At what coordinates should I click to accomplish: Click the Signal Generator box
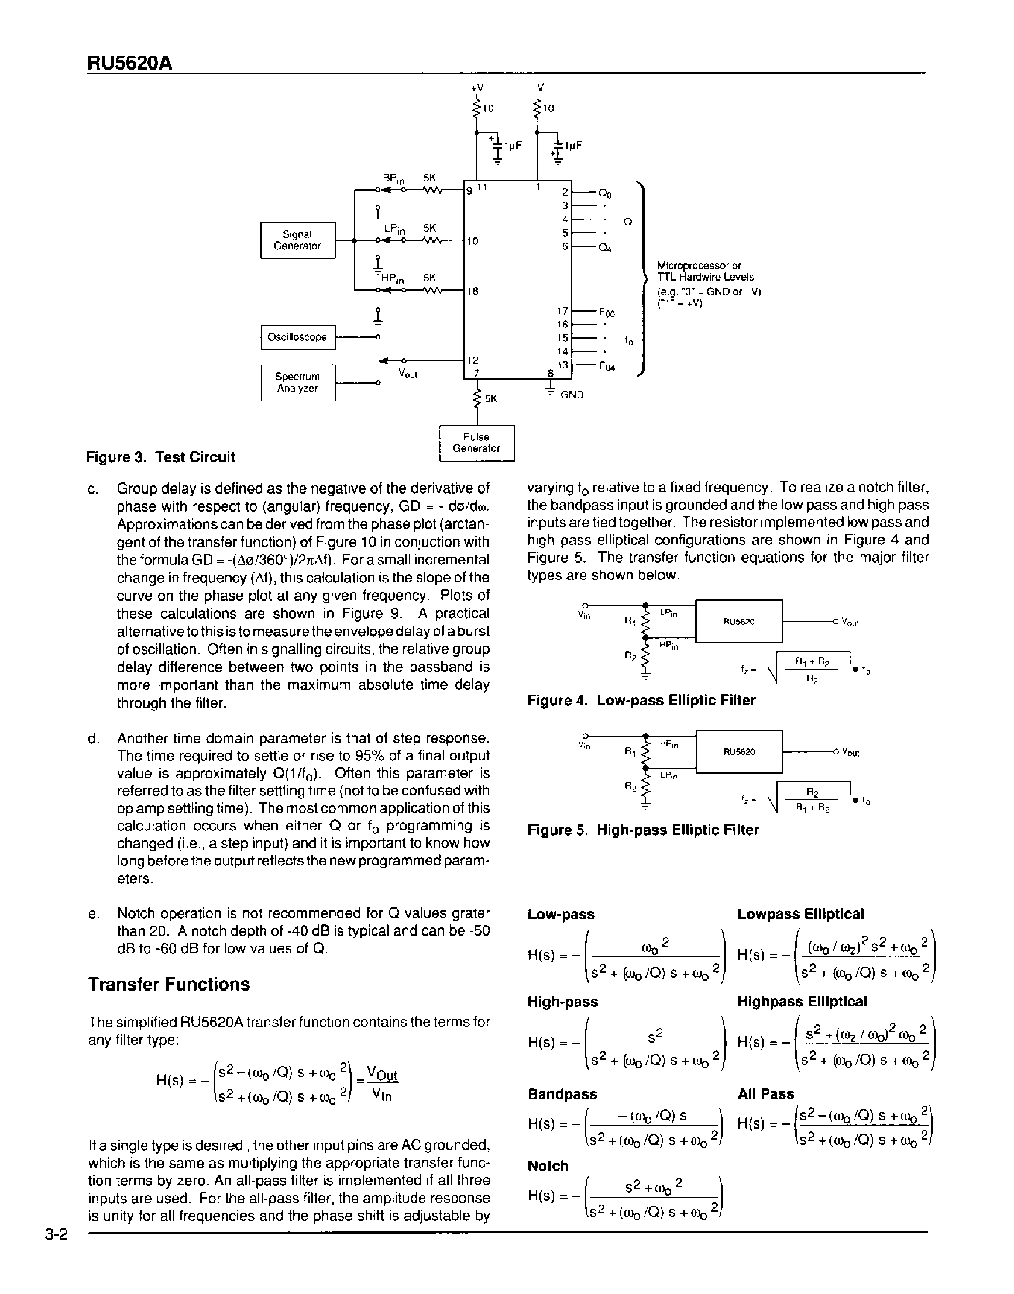[x=297, y=240]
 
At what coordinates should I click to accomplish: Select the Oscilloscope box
[x=297, y=337]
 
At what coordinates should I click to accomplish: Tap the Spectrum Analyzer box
[x=297, y=382]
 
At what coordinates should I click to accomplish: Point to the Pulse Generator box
[x=476, y=443]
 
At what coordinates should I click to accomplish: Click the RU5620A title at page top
[x=129, y=63]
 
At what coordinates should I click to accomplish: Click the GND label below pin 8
[x=572, y=395]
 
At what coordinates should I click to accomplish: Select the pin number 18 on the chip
[x=473, y=291]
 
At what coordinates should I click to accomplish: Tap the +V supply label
[x=477, y=87]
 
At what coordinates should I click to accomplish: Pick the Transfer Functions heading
[x=169, y=984]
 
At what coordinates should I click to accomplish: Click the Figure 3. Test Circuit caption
[x=160, y=457]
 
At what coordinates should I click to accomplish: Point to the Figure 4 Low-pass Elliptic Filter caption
[x=641, y=700]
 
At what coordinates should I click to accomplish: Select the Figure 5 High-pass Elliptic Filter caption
[x=643, y=830]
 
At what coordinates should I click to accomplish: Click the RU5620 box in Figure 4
[x=738, y=621]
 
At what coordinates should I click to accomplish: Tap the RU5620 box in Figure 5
[x=738, y=752]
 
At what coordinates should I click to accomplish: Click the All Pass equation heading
[x=765, y=1093]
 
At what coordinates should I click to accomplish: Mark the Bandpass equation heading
[x=562, y=1093]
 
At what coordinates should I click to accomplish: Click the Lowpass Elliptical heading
[x=800, y=914]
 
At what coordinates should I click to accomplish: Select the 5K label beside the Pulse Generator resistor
[x=491, y=399]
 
